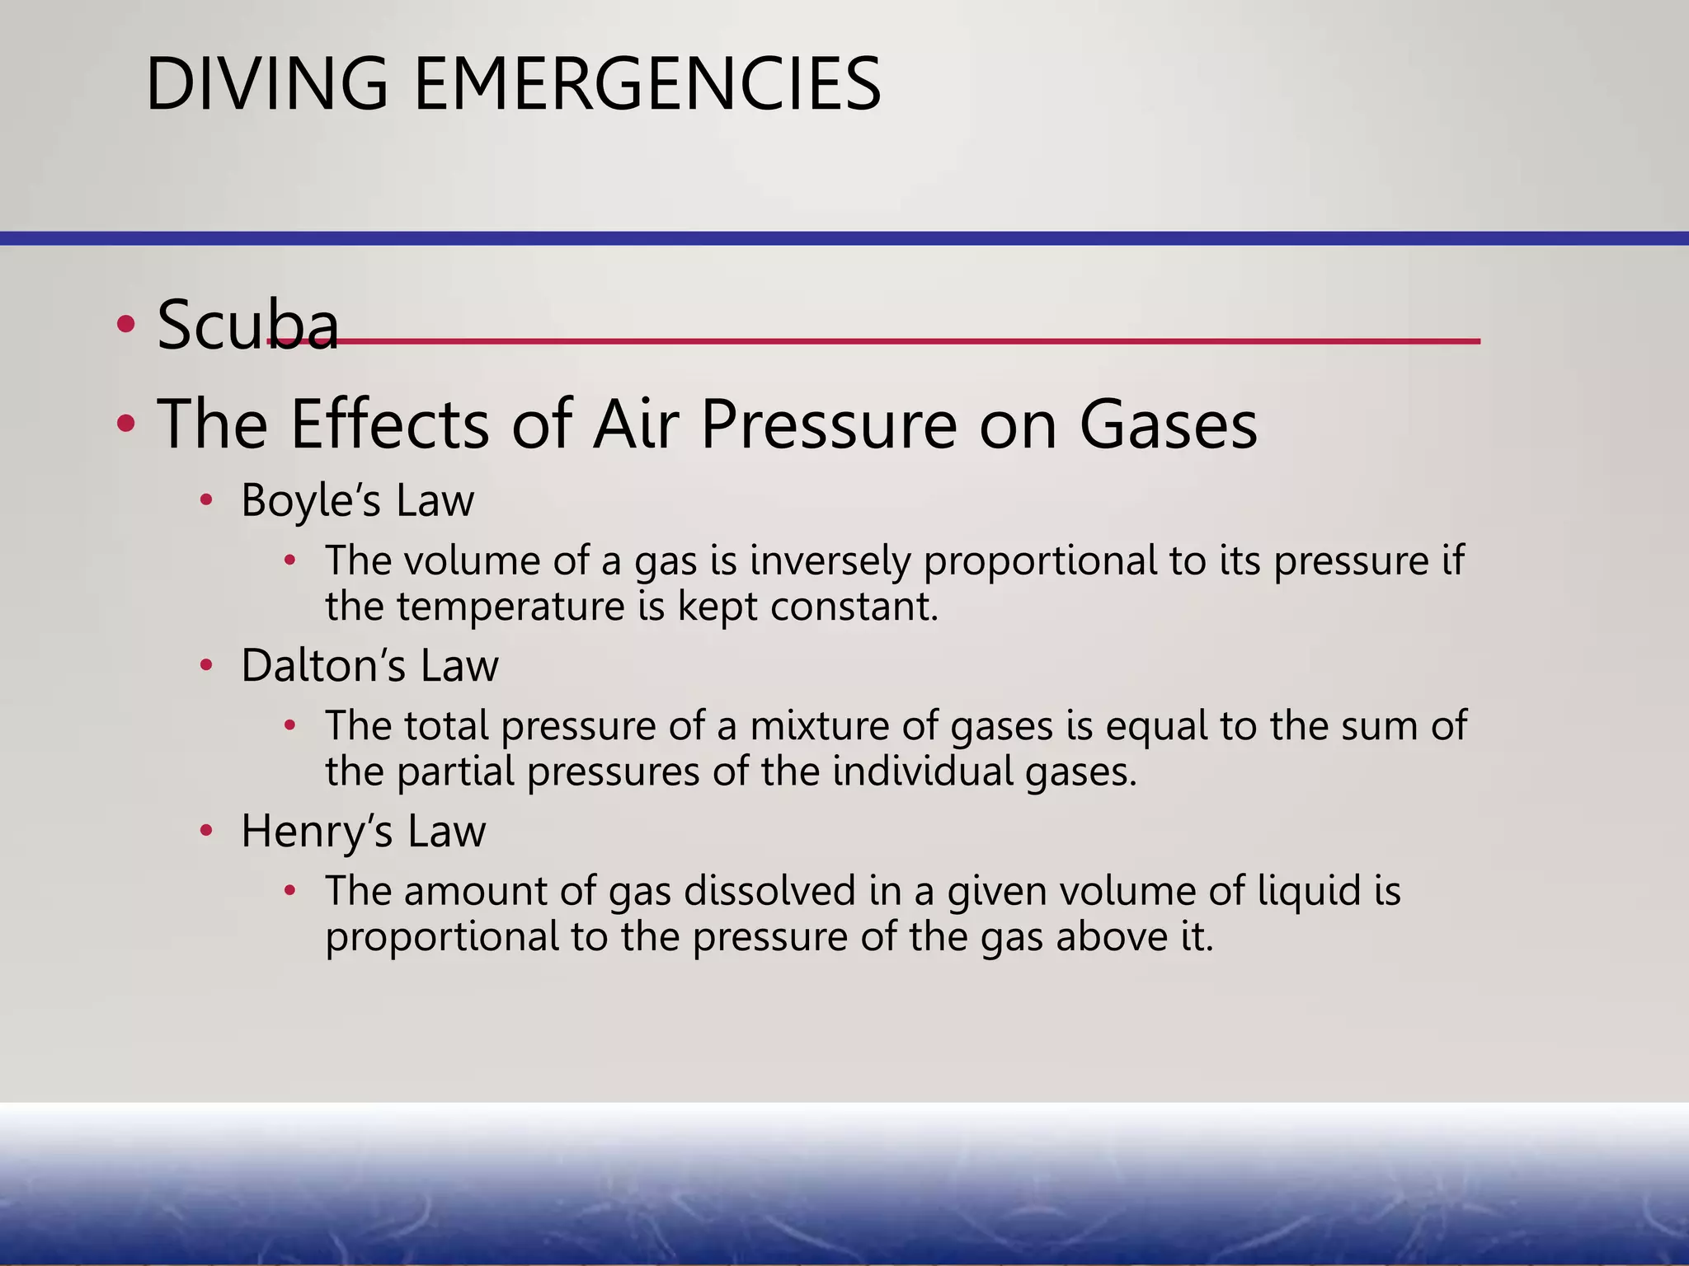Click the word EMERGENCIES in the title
647,84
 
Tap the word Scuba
247,325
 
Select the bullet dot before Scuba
125,324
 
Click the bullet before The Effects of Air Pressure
125,424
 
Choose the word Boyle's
310,500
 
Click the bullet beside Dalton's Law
206,665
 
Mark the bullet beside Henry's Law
206,831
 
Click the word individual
923,771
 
